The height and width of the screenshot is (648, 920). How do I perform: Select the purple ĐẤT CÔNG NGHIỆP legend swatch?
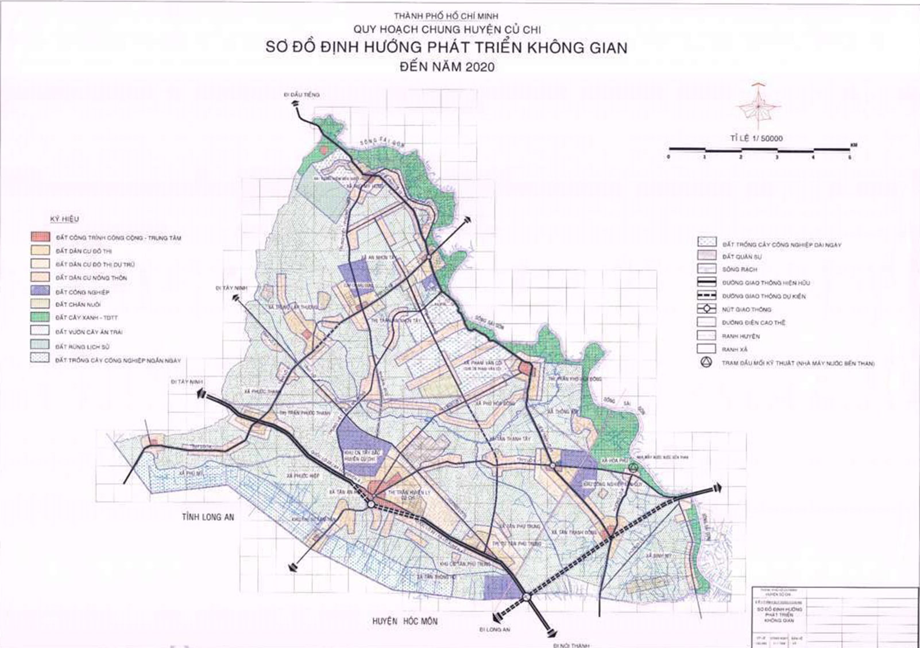(x=41, y=292)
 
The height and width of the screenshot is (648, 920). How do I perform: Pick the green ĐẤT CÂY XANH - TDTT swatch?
(x=41, y=318)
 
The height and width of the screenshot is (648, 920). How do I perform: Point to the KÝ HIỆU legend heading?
(x=64, y=219)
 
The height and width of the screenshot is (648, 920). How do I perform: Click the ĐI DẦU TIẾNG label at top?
(x=301, y=94)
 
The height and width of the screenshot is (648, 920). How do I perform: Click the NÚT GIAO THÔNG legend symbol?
(x=707, y=309)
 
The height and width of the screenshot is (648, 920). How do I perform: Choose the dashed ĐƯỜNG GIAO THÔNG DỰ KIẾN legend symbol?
(x=707, y=296)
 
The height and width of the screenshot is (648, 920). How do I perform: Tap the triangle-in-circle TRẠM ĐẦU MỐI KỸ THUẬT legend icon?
(x=706, y=362)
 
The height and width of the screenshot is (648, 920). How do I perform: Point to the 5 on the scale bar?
(x=850, y=157)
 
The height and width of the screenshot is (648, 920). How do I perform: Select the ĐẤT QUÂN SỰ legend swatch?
(x=707, y=256)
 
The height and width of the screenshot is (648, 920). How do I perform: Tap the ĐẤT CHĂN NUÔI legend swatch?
(x=41, y=304)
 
